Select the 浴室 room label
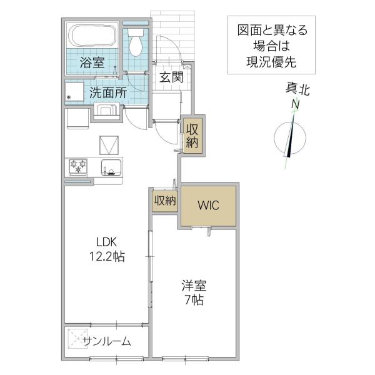92,62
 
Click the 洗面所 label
108,92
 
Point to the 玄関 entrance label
171,77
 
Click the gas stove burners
78,166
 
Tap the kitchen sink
111,167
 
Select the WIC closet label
208,206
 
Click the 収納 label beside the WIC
165,201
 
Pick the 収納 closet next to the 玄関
192,136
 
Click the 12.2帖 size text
107,257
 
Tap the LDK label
107,242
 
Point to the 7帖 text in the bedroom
194,300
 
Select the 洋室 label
194,286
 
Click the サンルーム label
107,342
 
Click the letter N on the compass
296,105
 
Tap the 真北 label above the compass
297,89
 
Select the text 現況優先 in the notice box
271,62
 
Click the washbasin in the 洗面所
106,111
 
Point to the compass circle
274,138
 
